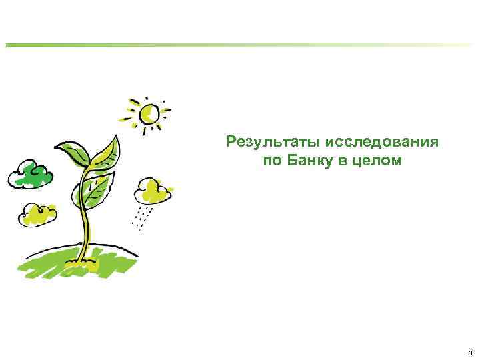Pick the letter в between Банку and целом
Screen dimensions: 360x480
pos(344,161)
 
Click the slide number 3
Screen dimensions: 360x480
pos(470,352)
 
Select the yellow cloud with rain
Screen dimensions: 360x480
pos(152,191)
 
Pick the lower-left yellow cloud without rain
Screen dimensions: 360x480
pos(38,213)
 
